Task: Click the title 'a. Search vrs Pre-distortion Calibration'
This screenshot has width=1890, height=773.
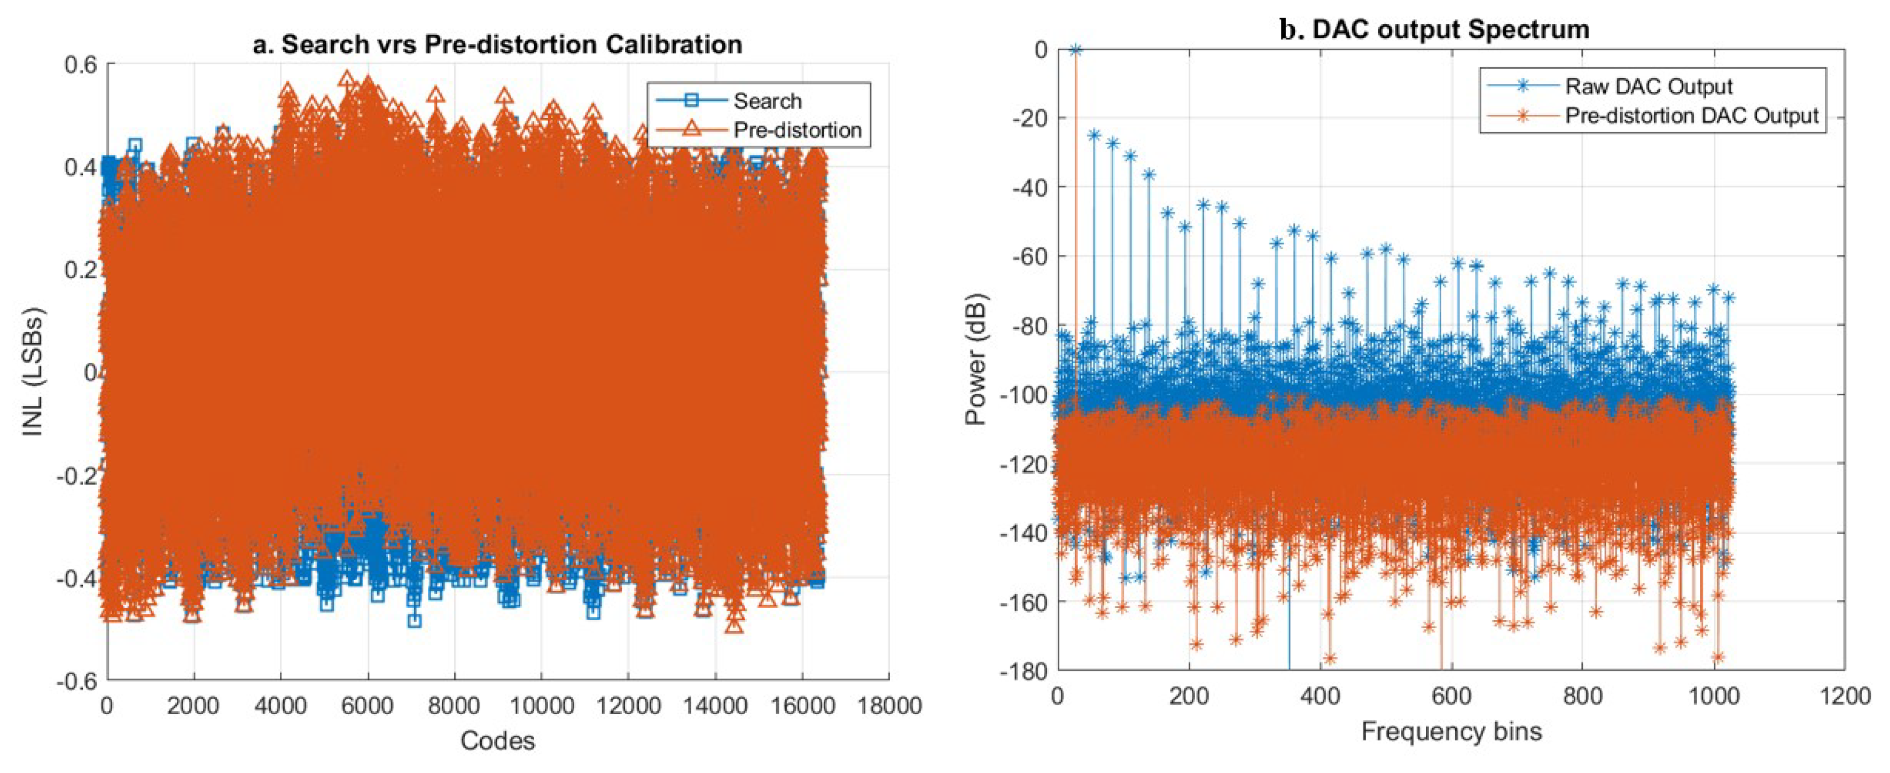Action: coord(497,45)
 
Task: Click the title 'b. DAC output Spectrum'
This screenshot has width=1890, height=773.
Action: coord(1434,29)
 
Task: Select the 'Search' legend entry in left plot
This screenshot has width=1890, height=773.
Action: coord(767,100)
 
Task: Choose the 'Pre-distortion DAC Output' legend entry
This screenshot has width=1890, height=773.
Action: coord(1691,116)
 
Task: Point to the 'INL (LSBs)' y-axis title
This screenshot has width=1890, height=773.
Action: coord(33,371)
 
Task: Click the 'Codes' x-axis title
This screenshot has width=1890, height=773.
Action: coord(497,741)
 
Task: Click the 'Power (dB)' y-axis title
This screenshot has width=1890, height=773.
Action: coord(976,360)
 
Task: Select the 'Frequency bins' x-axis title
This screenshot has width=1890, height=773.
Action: coord(1451,731)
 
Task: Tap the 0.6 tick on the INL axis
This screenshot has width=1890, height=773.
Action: coord(80,65)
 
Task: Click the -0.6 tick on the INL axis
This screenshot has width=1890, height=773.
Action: coord(76,681)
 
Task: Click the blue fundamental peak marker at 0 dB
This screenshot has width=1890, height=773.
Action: coord(1075,50)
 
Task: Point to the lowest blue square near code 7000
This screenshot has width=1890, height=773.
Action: coord(415,620)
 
